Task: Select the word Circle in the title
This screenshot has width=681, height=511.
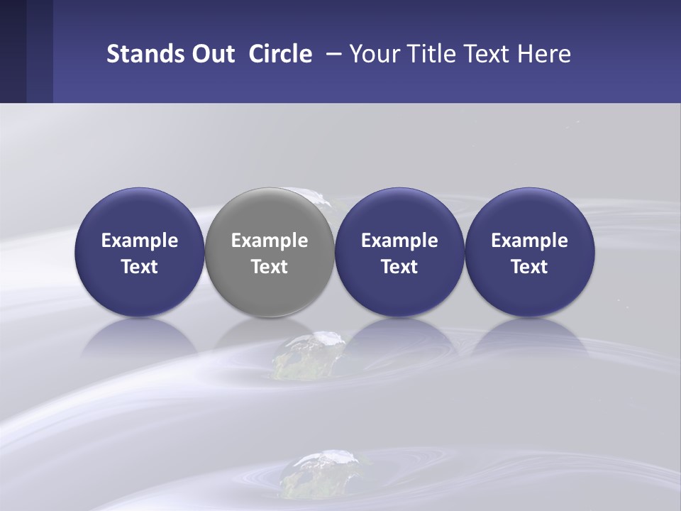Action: [x=280, y=54]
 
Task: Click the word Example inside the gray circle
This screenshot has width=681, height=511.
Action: [x=270, y=241]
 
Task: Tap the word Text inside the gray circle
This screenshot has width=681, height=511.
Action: [x=270, y=267]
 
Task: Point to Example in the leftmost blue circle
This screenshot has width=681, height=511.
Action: [x=139, y=241]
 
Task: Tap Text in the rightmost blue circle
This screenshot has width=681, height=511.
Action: [x=529, y=267]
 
